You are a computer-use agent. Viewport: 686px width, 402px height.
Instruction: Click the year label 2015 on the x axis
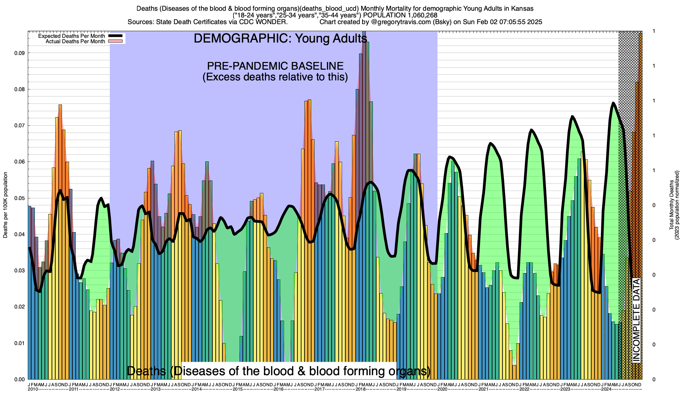(238, 389)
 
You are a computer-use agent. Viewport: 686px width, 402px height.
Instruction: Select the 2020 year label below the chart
(442, 389)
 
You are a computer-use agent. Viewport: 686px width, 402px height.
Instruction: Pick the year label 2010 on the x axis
(33, 389)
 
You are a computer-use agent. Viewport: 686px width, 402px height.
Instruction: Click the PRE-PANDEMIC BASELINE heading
(275, 66)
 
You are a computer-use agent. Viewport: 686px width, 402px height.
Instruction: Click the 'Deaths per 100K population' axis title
(5, 205)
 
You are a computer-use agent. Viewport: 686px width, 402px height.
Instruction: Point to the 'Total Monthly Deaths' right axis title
(672, 205)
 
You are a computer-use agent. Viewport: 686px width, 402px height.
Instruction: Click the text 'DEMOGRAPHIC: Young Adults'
(280, 39)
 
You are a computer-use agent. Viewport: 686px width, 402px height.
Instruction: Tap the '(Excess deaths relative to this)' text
(275, 77)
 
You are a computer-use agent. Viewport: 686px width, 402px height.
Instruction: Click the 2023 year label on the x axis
(565, 389)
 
